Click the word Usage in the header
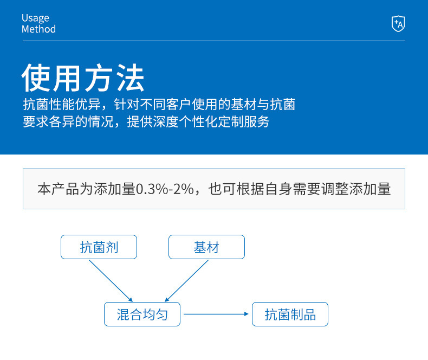(x=35, y=18)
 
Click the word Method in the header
(x=39, y=29)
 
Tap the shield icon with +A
(x=398, y=23)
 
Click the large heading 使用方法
(x=83, y=78)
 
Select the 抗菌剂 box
(x=99, y=247)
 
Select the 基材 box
(x=206, y=247)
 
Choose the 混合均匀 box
(x=142, y=314)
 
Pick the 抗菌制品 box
(x=290, y=314)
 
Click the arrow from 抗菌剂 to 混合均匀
(x=111, y=281)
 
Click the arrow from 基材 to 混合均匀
(x=187, y=281)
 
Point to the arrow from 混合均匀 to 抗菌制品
(x=216, y=314)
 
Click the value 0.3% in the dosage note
(x=152, y=189)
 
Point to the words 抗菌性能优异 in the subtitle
(x=62, y=104)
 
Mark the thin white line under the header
(x=213, y=41)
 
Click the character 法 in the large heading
(x=130, y=78)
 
